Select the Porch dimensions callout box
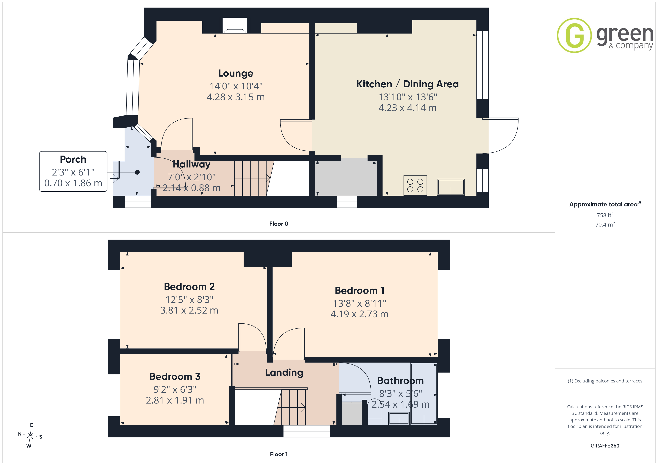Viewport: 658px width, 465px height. pos(73,171)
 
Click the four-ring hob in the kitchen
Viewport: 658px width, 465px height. pos(415,185)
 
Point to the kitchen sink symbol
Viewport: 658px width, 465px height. pos(451,187)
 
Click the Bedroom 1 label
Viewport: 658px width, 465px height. pos(359,290)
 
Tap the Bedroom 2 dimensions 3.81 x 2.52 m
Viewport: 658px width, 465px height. pos(189,310)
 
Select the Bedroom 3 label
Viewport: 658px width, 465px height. pos(175,377)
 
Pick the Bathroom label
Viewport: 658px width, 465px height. pos(400,381)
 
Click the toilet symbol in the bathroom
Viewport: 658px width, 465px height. pos(375,412)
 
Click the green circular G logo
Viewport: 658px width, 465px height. pos(574,36)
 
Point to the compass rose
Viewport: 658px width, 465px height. pos(30,436)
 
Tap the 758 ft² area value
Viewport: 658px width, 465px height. pos(605,215)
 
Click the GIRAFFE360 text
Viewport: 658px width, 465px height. pos(605,445)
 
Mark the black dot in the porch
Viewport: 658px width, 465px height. pos(137,172)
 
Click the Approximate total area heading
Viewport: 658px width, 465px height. pos(605,204)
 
